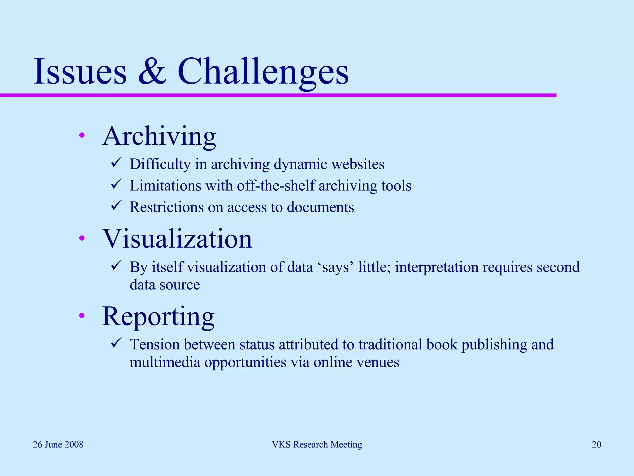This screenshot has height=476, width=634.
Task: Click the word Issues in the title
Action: (80, 72)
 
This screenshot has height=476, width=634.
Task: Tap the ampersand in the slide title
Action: (152, 72)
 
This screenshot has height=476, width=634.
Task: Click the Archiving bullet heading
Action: (159, 136)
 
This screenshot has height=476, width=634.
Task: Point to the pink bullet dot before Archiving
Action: (82, 135)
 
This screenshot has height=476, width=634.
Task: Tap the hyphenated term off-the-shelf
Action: (276, 186)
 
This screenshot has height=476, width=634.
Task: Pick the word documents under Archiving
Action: (320, 207)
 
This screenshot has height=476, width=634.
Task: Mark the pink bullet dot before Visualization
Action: (82, 238)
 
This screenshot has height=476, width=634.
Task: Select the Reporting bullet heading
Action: (158, 316)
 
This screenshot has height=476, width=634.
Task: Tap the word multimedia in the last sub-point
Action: (165, 362)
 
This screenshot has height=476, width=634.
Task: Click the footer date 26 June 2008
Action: (58, 445)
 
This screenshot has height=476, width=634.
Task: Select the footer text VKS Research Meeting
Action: (317, 445)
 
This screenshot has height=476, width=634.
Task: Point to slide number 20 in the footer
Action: (596, 445)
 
